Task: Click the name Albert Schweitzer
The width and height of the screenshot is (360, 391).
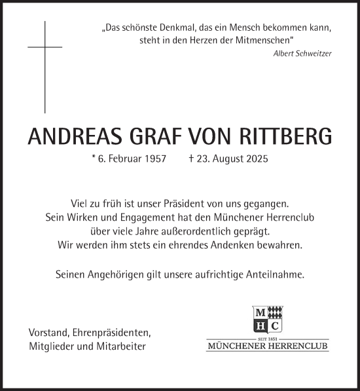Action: (x=302, y=53)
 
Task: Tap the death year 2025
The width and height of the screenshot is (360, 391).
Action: (x=255, y=159)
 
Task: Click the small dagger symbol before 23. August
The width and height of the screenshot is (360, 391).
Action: (x=190, y=158)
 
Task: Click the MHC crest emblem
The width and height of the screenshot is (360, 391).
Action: (x=268, y=320)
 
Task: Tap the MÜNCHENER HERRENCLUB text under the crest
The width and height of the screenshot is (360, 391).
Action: (x=268, y=346)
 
